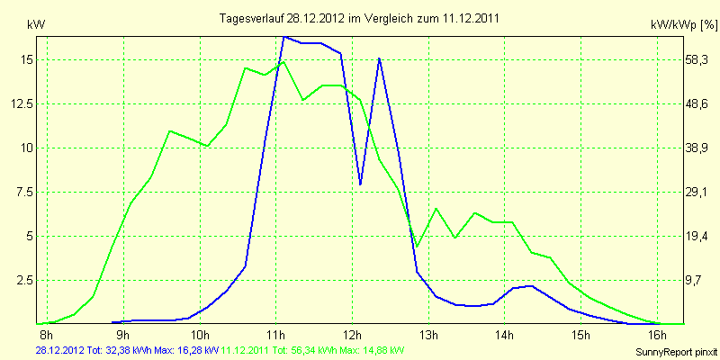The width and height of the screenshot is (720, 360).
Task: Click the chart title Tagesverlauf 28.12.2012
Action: click(x=360, y=18)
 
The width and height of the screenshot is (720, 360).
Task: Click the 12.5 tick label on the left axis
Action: click(x=22, y=103)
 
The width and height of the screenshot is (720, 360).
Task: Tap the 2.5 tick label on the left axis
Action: click(x=24, y=279)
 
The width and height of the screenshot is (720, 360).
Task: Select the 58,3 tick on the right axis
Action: click(x=697, y=59)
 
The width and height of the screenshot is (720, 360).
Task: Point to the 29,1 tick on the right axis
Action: click(x=697, y=192)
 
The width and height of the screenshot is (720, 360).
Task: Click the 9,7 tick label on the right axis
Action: click(x=697, y=279)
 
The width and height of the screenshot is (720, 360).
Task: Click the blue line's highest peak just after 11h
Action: click(x=284, y=37)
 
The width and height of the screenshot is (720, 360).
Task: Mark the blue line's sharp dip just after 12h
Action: click(x=361, y=184)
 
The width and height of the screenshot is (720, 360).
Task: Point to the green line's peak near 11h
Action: click(x=283, y=61)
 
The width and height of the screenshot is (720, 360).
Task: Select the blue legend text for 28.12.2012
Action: click(x=126, y=349)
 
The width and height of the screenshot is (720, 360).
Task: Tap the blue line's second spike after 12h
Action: click(x=380, y=58)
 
